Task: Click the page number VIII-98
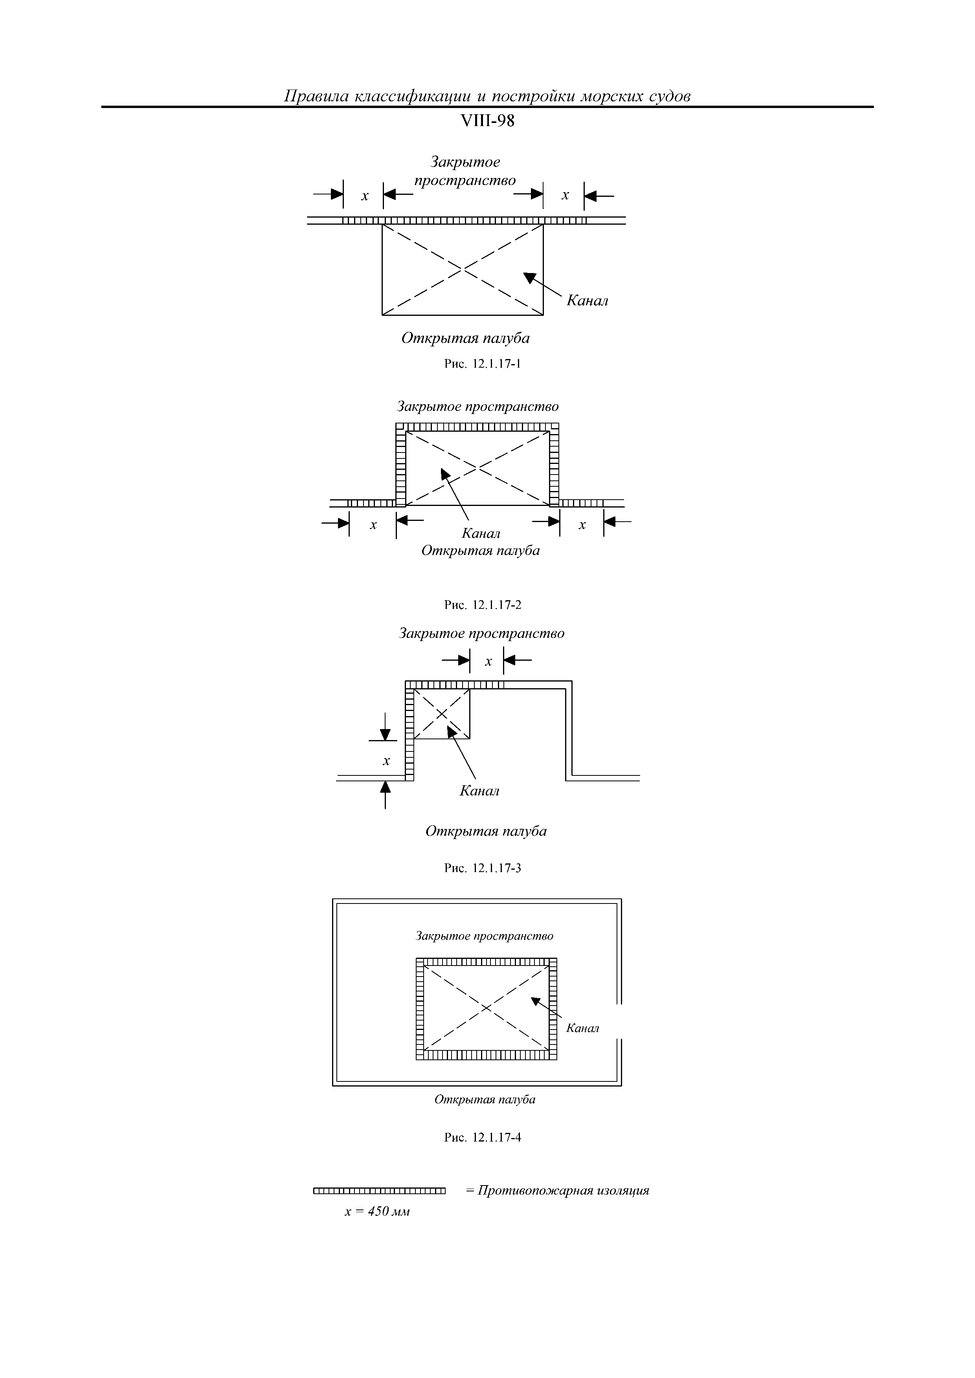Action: (487, 121)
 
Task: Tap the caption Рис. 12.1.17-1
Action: (482, 364)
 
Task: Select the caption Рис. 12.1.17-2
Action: (483, 605)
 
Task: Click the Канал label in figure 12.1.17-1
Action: (587, 301)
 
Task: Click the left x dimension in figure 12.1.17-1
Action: (364, 196)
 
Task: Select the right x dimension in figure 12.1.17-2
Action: (582, 525)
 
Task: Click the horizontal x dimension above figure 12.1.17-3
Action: (488, 662)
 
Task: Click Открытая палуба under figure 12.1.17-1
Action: (465, 339)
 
